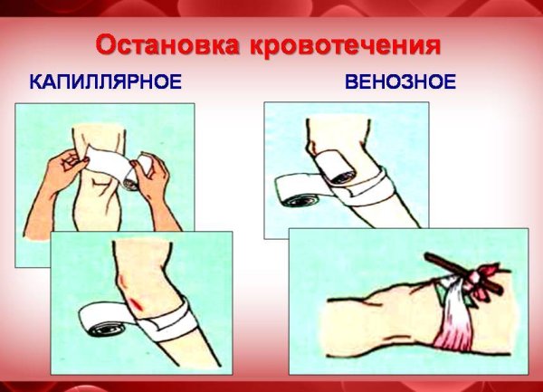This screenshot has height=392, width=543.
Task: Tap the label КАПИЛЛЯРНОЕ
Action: click(x=105, y=83)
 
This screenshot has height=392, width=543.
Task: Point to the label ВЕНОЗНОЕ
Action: click(x=400, y=83)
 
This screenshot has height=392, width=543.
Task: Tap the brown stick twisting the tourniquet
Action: click(x=462, y=272)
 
